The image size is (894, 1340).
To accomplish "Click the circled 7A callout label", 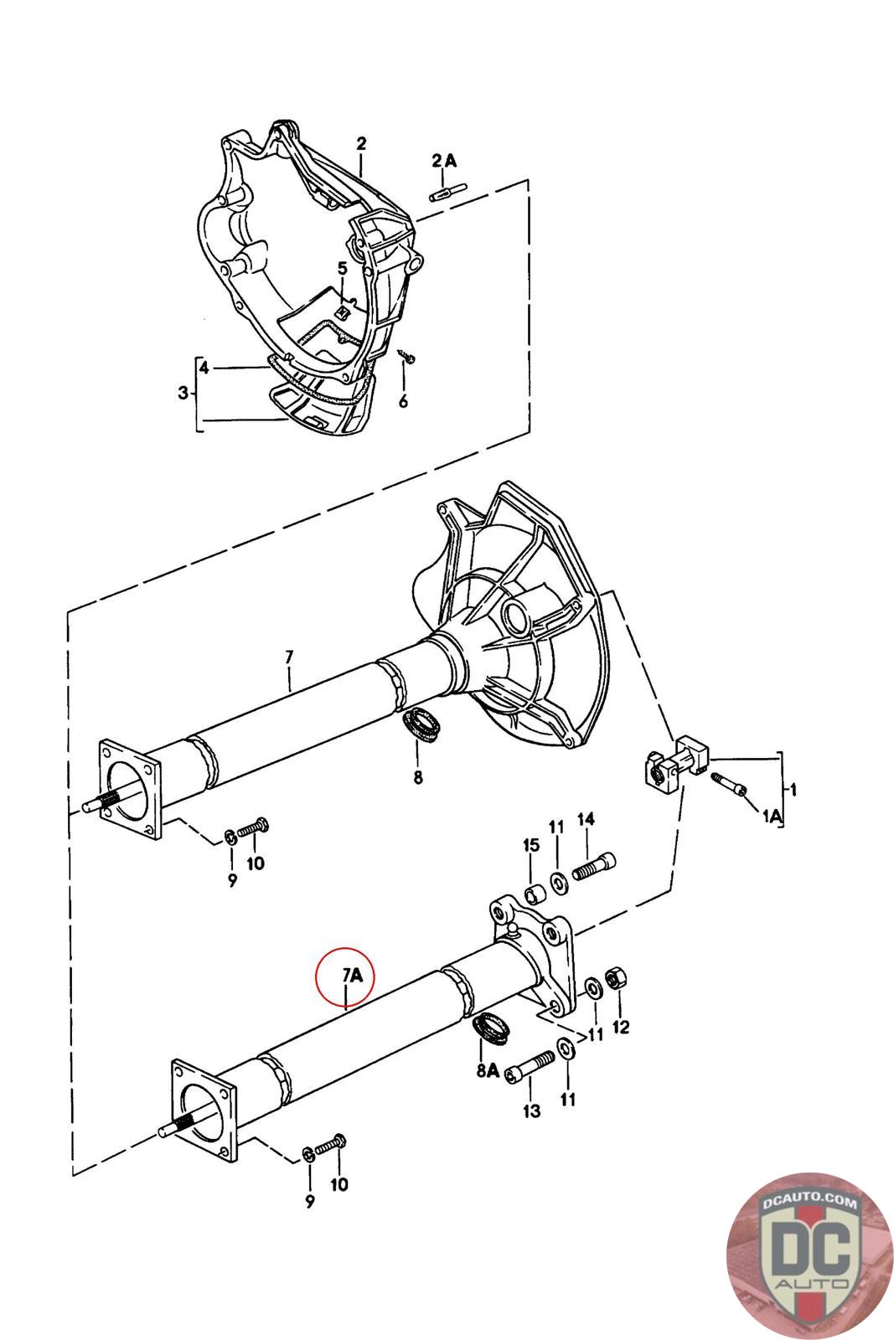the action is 353,975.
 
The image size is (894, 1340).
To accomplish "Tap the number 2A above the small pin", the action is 444,160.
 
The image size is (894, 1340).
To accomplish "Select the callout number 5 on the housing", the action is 343,268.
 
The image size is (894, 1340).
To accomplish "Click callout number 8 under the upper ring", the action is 418,777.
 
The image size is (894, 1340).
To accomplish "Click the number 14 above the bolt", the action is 586,819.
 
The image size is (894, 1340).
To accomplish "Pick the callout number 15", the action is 530,845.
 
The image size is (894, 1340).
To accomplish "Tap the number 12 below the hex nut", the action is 621,1027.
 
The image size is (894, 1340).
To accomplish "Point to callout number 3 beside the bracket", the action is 183,393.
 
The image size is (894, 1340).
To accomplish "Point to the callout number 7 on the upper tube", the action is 290,657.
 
